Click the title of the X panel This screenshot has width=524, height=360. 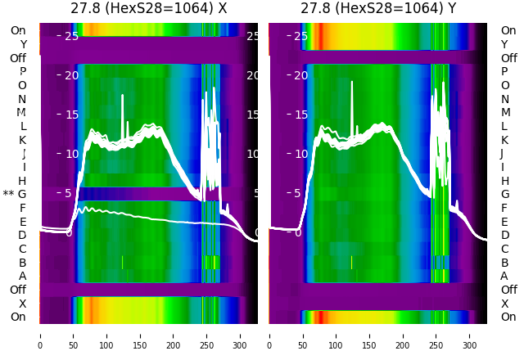tap(148, 9)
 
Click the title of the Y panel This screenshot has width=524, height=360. tap(377, 9)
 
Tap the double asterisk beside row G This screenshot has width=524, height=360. tap(8, 194)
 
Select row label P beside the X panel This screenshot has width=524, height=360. tap(22, 72)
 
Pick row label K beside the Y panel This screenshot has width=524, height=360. tap(504, 140)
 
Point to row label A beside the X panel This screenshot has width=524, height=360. tap(22, 277)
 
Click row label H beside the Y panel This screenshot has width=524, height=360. tap(504, 181)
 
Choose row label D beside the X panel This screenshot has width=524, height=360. tap(22, 236)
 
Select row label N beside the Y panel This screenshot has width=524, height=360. tap(504, 99)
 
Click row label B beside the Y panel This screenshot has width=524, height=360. tap(504, 263)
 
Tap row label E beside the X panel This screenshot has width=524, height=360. tap(22, 222)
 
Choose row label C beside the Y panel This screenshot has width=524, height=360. tap(504, 249)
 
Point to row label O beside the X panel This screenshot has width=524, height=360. tap(22, 85)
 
